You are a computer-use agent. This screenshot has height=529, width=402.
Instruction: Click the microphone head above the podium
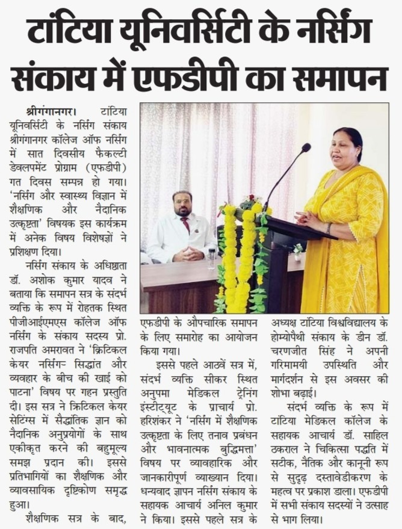[x=306, y=147]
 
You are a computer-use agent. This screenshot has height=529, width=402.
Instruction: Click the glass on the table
[x=211, y=258]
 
